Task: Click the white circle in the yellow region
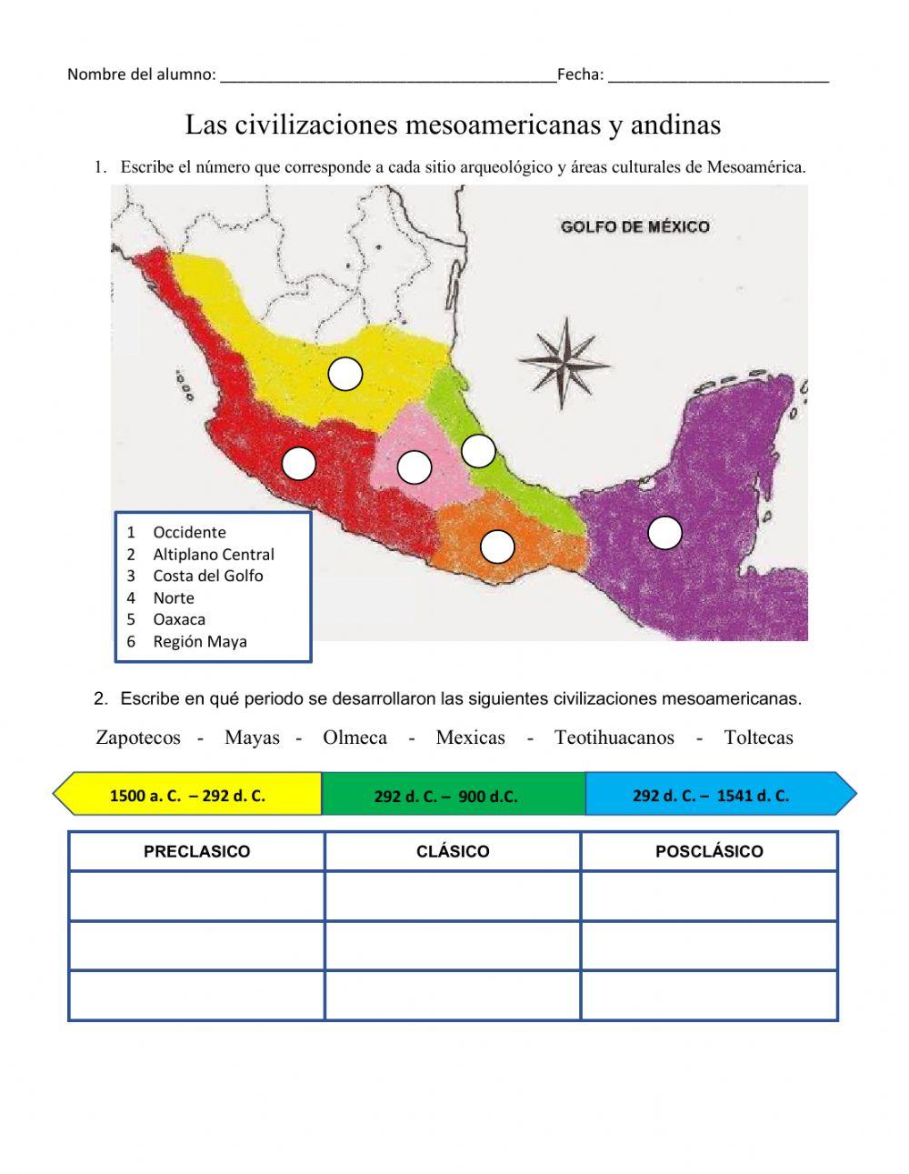(345, 374)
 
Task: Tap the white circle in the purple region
(664, 533)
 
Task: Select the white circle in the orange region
(497, 546)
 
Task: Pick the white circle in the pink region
(415, 467)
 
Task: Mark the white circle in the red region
(299, 464)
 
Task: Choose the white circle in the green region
(478, 450)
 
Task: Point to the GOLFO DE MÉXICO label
(635, 226)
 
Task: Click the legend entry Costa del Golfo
(207, 576)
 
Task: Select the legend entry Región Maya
(199, 641)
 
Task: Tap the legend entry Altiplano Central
(213, 554)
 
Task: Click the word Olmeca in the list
(355, 738)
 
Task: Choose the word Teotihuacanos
(614, 738)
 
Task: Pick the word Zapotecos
(138, 738)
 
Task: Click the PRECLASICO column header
(196, 852)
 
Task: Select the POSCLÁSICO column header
(709, 852)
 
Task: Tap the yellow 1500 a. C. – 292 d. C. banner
(188, 796)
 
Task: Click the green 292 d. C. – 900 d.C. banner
(445, 797)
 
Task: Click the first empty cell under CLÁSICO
(453, 897)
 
